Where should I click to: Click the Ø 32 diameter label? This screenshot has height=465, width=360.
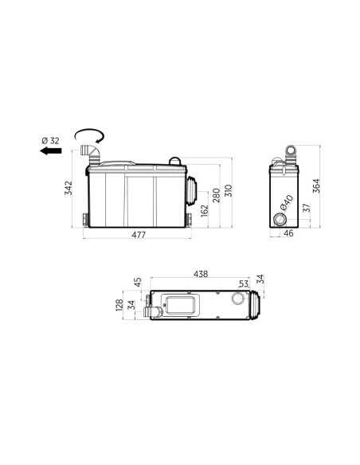[x=50, y=140]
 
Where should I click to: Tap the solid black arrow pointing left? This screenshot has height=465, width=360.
[x=51, y=151]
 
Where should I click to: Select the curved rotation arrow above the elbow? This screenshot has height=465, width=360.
[x=89, y=135]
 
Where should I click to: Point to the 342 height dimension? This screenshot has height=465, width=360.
[x=68, y=188]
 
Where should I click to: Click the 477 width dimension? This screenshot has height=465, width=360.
[x=139, y=235]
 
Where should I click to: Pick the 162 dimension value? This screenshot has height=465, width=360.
[x=205, y=210]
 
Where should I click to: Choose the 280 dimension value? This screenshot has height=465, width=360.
[x=217, y=195]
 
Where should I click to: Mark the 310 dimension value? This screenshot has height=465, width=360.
[x=229, y=190]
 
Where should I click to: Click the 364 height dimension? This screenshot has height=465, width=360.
[x=316, y=186]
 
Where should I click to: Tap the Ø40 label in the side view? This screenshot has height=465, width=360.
[x=287, y=203]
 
